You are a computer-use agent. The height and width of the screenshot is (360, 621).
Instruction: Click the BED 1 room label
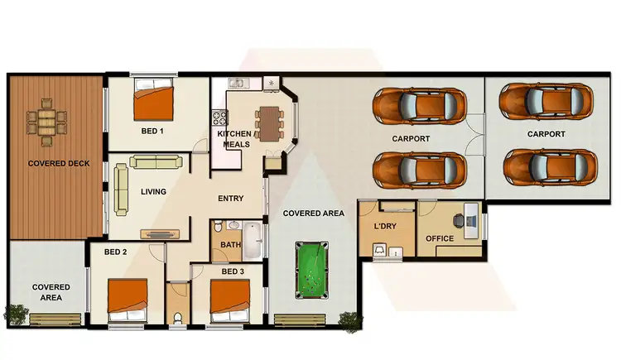tap(152, 131)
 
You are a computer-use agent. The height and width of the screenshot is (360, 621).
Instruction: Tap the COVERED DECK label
tap(53, 163)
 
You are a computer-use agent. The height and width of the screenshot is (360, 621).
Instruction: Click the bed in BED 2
tap(128, 297)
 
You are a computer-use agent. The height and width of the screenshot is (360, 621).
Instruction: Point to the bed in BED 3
tap(230, 299)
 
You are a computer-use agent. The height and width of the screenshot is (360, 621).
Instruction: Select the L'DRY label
tap(385, 226)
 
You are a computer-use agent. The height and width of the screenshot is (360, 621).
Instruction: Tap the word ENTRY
tap(230, 199)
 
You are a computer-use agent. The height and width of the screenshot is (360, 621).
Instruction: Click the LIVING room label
tap(153, 192)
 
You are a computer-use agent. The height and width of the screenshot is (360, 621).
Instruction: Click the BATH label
tap(229, 245)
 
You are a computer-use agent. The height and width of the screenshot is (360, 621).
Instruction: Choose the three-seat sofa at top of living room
tap(154, 161)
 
